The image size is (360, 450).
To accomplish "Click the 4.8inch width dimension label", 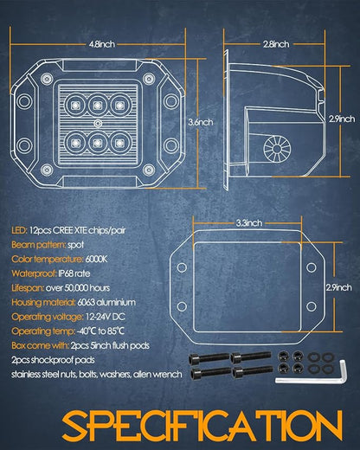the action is pos(102,44).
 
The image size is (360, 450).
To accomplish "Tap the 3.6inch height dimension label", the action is pos(201,122).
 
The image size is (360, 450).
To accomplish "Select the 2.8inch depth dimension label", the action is pos(276,44).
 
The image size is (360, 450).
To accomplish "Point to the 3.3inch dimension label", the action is pos(249,223).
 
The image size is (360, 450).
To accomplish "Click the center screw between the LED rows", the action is pos(98,124).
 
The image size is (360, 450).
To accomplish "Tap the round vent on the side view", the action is pos(277,148).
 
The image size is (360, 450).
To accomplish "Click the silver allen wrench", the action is pos(311,372).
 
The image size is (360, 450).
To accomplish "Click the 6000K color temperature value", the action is pos(96,260).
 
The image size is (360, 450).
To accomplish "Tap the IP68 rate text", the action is pos(74,273).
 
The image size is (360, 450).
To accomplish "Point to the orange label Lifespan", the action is pos(28,288).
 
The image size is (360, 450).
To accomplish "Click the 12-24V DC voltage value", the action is pos(106,317).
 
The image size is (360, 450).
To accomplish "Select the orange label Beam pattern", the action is pos(38,245).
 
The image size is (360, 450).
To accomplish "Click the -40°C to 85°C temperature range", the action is pos(100,331).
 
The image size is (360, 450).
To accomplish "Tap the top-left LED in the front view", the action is pos(74,105).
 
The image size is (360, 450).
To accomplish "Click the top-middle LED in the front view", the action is pos(98,105).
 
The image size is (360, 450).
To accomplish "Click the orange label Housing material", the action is pos(43,303).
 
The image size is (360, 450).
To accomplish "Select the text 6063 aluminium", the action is pos(106,303).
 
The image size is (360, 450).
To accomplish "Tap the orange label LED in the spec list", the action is pos(19,230).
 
